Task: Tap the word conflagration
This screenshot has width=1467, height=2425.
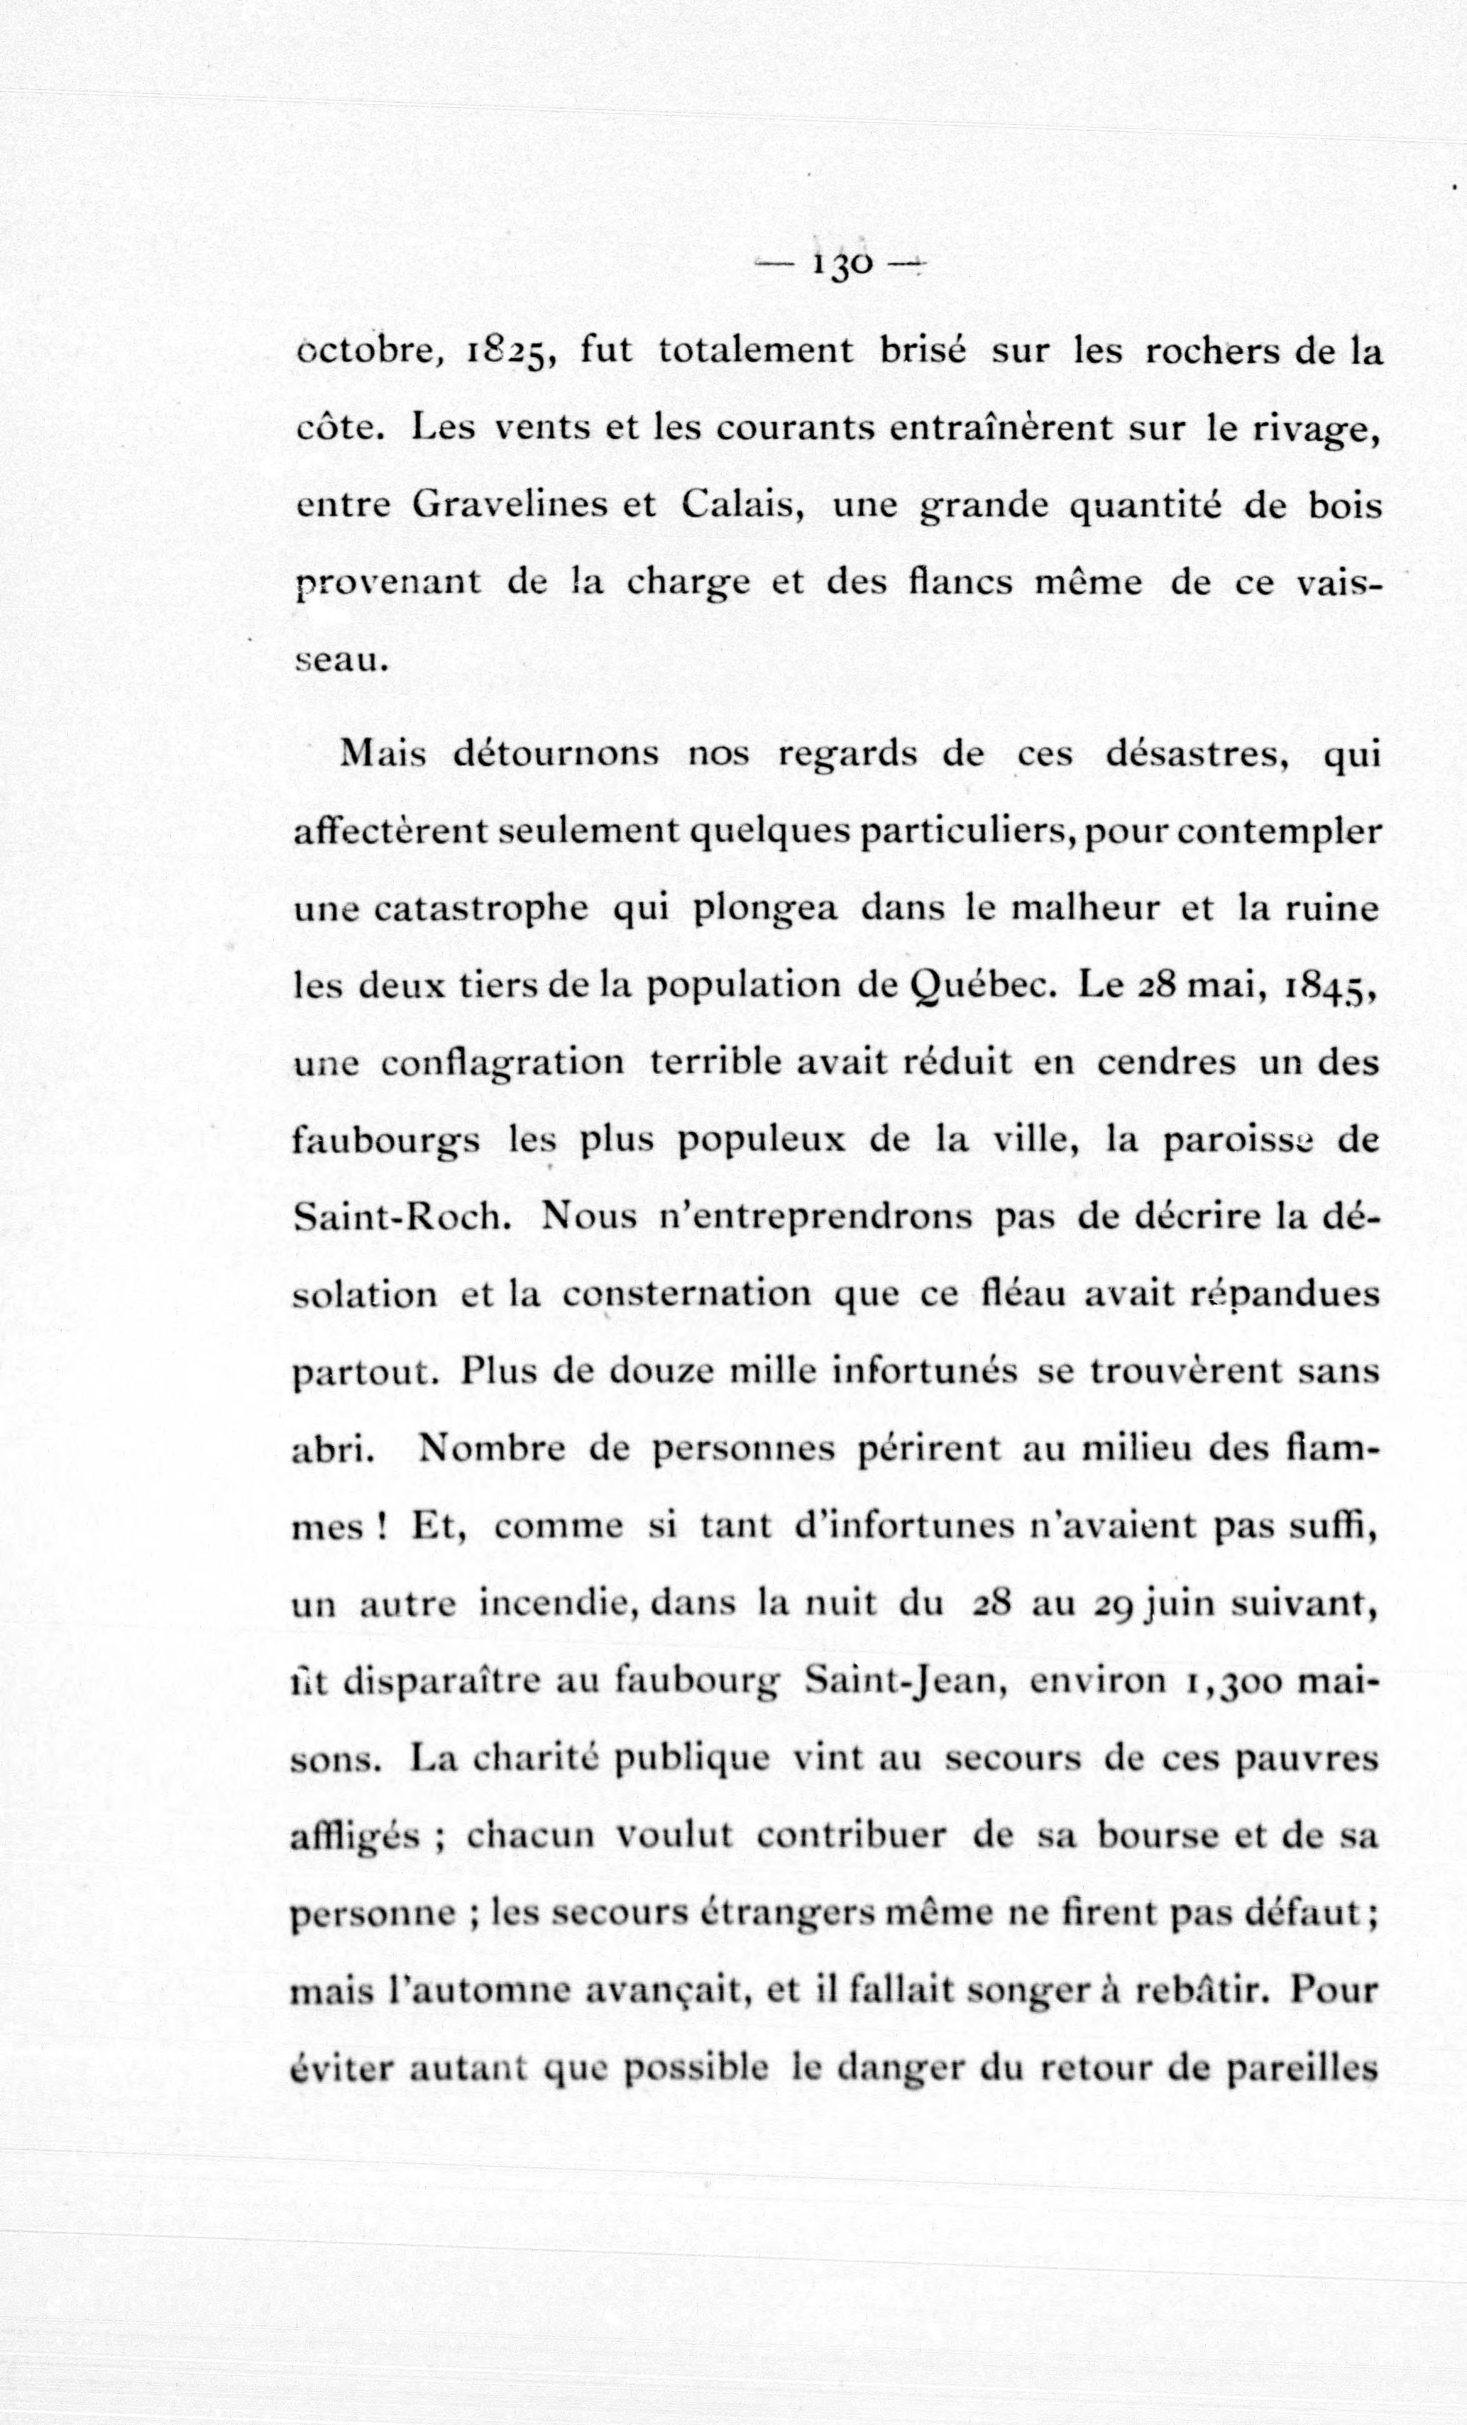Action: (x=502, y=1063)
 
